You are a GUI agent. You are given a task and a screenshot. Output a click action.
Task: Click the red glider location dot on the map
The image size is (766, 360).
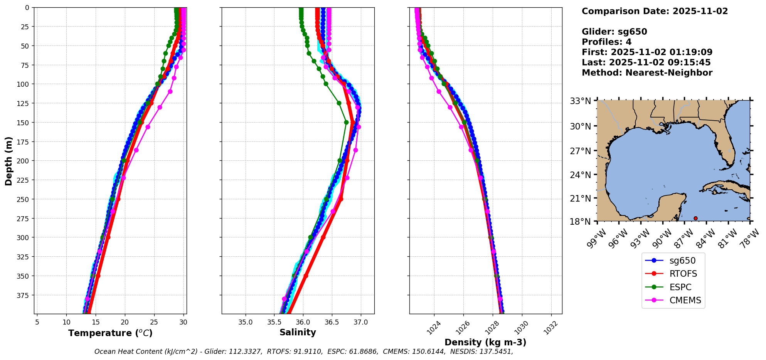(695, 218)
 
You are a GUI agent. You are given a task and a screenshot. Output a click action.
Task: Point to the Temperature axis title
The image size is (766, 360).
(110, 333)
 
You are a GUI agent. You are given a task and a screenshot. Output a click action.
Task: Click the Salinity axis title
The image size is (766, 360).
(298, 332)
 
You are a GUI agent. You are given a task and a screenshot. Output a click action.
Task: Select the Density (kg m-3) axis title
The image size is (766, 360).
(485, 342)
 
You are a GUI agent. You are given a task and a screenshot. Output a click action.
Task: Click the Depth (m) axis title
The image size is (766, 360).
(8, 161)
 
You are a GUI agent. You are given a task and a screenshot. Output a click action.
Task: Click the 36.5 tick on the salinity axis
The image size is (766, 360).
(332, 322)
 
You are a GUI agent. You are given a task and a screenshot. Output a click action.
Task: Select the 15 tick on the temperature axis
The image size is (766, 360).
(96, 322)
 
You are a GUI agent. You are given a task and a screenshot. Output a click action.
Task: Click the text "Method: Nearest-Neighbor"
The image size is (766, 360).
(647, 73)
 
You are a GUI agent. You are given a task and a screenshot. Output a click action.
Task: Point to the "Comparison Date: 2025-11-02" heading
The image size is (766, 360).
(655, 11)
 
